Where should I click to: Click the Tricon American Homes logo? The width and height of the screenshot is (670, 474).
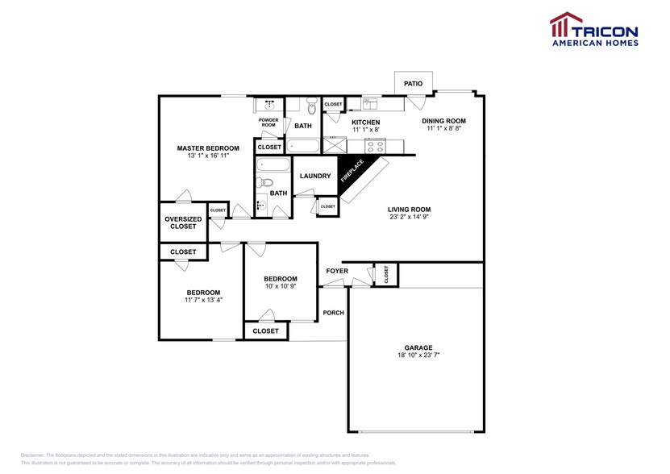(593, 30)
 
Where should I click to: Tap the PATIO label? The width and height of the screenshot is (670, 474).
(413, 83)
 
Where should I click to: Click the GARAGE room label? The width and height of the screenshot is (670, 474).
(418, 347)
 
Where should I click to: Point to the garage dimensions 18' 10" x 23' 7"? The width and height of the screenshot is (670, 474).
(418, 355)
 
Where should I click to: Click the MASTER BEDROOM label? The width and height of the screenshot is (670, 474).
(208, 148)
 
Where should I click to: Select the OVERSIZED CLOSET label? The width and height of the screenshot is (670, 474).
(183, 222)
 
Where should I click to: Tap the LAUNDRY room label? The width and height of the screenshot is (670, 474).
(315, 176)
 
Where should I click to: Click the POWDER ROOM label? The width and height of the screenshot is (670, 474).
(268, 123)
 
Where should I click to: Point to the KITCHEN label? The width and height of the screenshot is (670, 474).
(365, 123)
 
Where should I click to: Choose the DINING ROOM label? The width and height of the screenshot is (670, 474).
(444, 121)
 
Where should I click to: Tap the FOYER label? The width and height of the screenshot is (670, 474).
(337, 271)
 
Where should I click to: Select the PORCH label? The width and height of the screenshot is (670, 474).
(333, 313)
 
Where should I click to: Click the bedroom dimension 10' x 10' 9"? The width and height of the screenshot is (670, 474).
(280, 286)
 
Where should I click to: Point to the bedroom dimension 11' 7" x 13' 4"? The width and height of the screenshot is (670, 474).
(203, 300)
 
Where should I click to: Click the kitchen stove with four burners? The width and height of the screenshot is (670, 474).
(375, 145)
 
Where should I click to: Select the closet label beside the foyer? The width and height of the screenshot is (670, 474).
(386, 275)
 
